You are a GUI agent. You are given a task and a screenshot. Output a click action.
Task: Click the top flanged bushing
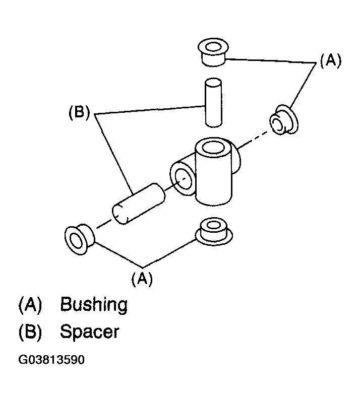pyautogui.click(x=213, y=52)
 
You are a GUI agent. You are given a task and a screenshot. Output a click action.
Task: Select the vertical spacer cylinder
pyautogui.click(x=213, y=103)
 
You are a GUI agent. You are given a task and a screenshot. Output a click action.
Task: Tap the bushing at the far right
pyautogui.click(x=284, y=120)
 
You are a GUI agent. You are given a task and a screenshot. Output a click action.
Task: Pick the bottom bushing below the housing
pyautogui.click(x=214, y=232)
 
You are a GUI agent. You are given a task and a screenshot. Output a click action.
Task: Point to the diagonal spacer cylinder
pyautogui.click(x=139, y=204)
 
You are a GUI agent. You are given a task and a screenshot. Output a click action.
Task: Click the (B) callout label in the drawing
pyautogui.click(x=79, y=113)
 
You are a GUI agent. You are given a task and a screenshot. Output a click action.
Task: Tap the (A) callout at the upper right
pyautogui.click(x=331, y=61)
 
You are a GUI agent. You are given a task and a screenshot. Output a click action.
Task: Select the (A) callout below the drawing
pyautogui.click(x=142, y=279)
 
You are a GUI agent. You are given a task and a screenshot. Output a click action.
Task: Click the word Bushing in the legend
pyautogui.click(x=94, y=305)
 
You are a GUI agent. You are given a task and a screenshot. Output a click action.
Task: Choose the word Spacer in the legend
pyautogui.click(x=90, y=332)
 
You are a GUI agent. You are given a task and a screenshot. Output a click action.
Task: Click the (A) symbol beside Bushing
pyautogui.click(x=30, y=305)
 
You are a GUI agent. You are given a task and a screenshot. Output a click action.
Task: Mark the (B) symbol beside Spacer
pyautogui.click(x=30, y=332)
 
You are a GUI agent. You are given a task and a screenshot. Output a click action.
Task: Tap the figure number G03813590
pyautogui.click(x=51, y=360)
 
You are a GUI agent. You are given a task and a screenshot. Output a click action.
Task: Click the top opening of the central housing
pyautogui.click(x=213, y=148)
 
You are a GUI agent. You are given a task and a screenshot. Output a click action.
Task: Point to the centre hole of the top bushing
pyautogui.click(x=213, y=48)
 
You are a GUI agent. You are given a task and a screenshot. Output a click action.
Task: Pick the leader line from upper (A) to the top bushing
pyautogui.click(x=270, y=61)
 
